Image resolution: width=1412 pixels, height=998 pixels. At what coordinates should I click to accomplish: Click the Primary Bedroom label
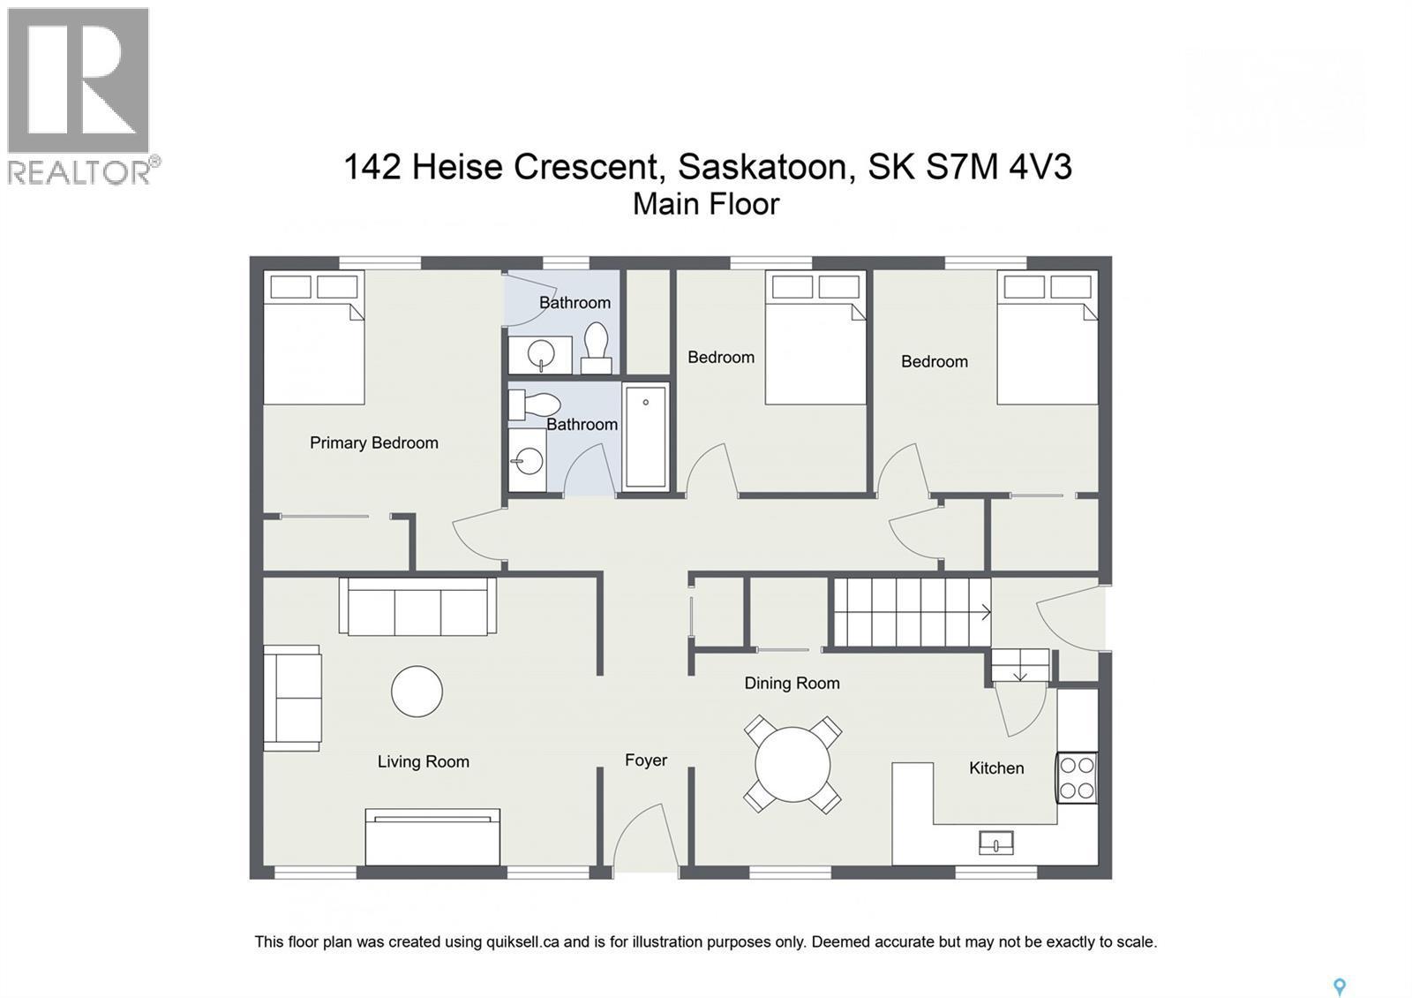pyautogui.click(x=373, y=442)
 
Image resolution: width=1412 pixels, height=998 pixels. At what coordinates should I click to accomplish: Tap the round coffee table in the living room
pyautogui.click(x=417, y=691)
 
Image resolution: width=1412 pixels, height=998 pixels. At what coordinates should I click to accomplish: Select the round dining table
pyautogui.click(x=792, y=764)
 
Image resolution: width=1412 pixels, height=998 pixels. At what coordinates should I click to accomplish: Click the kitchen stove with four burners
pyautogui.click(x=1077, y=778)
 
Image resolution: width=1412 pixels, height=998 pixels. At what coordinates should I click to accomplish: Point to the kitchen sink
pyautogui.click(x=995, y=843)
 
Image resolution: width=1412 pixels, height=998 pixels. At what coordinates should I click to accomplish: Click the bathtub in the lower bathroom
pyautogui.click(x=645, y=436)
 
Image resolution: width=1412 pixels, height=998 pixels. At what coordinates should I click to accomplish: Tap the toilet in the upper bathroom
pyautogui.click(x=597, y=347)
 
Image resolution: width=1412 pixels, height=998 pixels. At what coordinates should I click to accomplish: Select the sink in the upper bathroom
pyautogui.click(x=540, y=355)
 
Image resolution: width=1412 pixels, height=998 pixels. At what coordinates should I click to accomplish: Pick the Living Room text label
pyautogui.click(x=423, y=761)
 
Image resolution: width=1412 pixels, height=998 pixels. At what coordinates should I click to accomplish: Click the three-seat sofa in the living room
pyautogui.click(x=417, y=607)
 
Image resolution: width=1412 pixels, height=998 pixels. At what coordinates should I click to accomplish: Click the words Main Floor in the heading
pyautogui.click(x=706, y=204)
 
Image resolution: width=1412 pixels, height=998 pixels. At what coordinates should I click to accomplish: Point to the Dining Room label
pyautogui.click(x=792, y=683)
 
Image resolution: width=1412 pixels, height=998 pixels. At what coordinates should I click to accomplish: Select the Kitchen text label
pyautogui.click(x=996, y=768)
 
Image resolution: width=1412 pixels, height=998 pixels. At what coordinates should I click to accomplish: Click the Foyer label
pyautogui.click(x=645, y=760)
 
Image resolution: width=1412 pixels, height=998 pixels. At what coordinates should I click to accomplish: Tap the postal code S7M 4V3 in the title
pyautogui.click(x=998, y=166)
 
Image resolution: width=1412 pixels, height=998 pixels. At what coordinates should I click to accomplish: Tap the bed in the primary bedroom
pyautogui.click(x=314, y=339)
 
